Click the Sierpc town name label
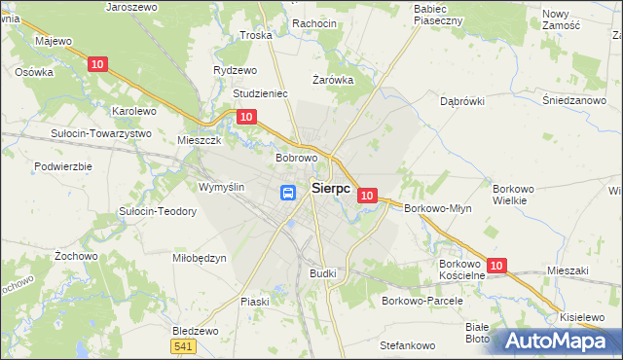tap(331, 189)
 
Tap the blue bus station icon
tap(289, 193)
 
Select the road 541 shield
tap(182, 345)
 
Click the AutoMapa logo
tap(555, 342)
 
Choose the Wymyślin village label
tap(221, 187)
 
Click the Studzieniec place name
tap(260, 93)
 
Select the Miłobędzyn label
tap(199, 258)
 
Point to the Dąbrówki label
tap(462, 101)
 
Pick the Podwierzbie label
tap(62, 166)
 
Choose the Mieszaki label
tap(569, 271)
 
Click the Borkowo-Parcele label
tap(421, 301)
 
